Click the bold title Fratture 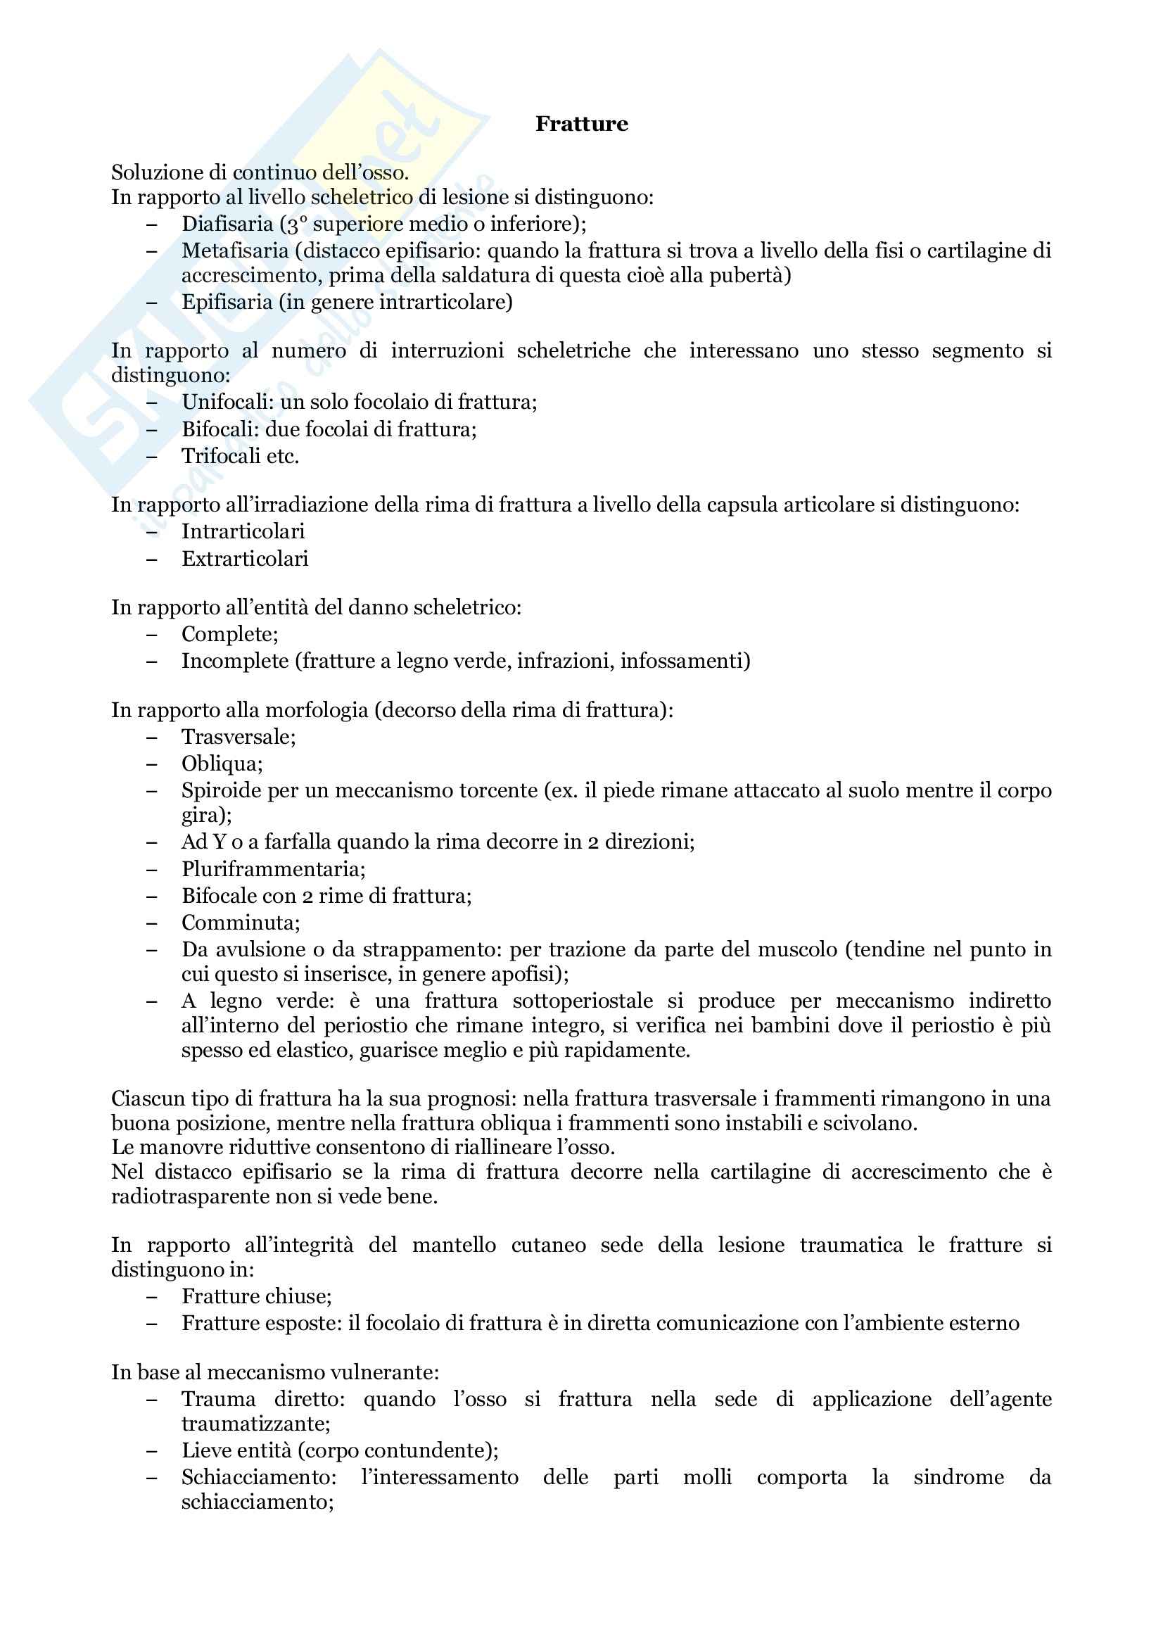(581, 124)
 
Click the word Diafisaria (227, 224)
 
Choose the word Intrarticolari (243, 531)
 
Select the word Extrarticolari (244, 559)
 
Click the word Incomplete (234, 660)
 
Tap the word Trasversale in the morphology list (238, 736)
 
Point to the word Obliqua (222, 764)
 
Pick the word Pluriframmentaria (273, 869)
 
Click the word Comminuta (240, 923)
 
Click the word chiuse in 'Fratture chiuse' (298, 1296)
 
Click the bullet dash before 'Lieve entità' (151, 1451)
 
